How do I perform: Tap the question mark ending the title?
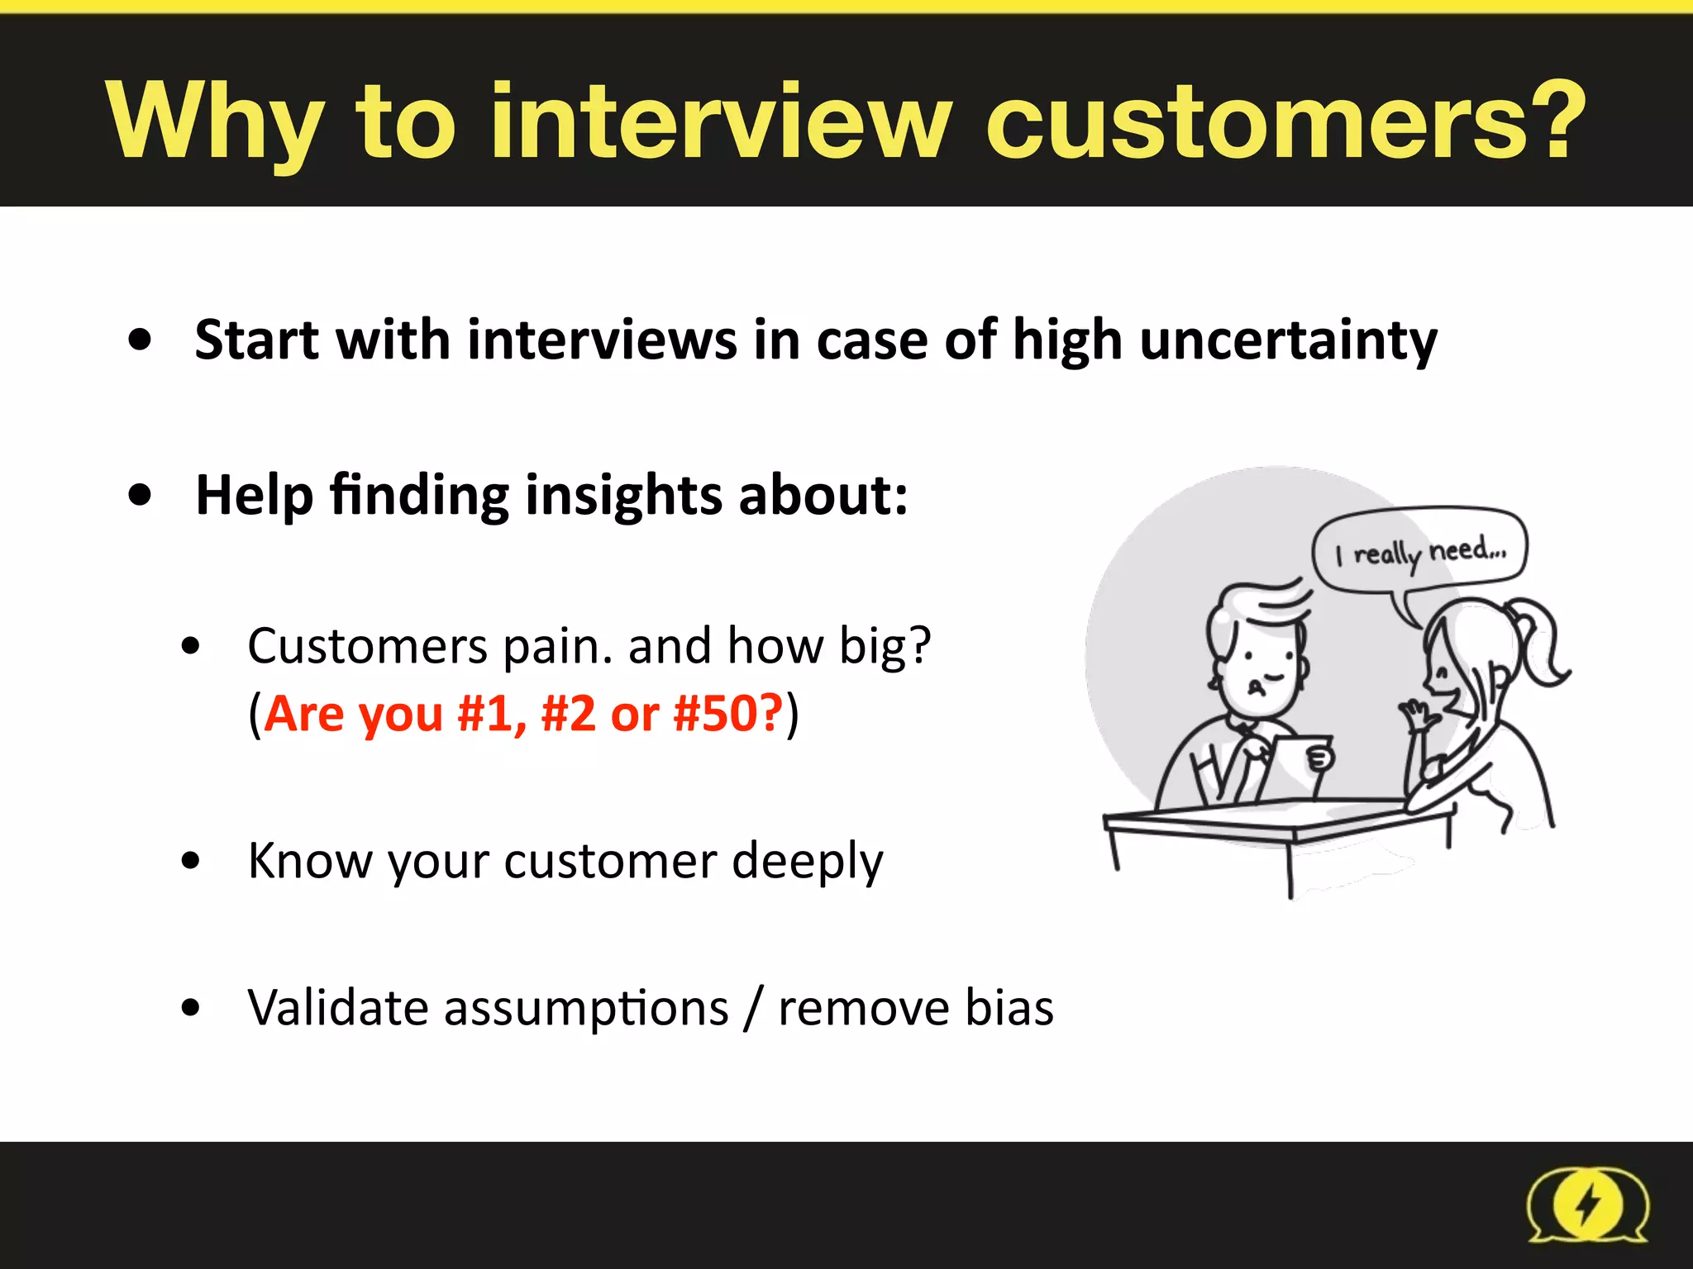tap(1559, 122)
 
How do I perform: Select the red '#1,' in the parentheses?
tap(491, 714)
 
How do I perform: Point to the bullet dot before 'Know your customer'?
tap(191, 861)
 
